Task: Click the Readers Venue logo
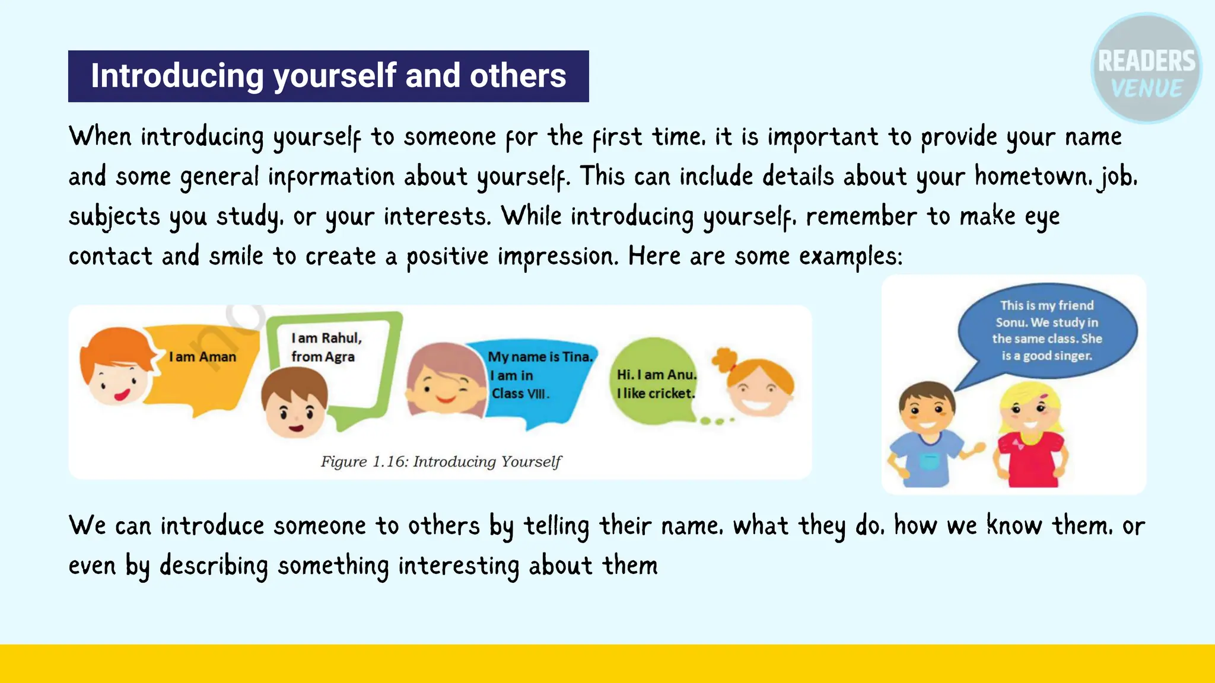coord(1146,69)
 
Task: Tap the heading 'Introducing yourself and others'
coord(328,76)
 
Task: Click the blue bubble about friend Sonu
coord(1047,331)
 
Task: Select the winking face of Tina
coord(445,382)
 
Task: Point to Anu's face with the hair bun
coord(759,388)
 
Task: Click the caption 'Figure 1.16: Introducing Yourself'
coord(441,461)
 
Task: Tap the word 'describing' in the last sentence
coord(214,565)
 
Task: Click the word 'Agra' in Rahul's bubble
coord(339,357)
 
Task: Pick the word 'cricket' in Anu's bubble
coord(671,393)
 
